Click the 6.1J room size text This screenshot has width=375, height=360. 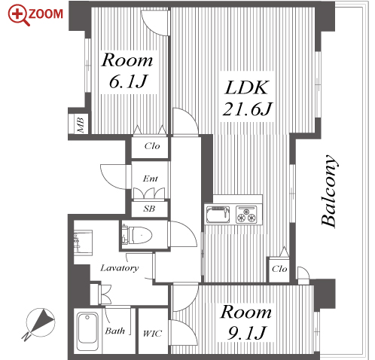128,81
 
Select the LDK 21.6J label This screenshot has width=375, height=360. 247,98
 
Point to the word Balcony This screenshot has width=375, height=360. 329,191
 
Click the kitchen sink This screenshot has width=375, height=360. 218,215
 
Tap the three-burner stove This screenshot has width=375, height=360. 246,215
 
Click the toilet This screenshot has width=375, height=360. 137,235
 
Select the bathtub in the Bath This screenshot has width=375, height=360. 87,331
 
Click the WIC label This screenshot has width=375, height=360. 152,334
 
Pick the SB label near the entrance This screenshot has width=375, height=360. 149,209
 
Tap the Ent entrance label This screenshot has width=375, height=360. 151,178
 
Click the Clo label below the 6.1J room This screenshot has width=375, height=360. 152,146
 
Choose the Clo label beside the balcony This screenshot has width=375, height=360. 279,269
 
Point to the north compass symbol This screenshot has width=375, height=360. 40,323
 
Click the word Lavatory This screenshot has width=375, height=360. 120,268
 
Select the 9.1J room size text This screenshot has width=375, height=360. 246,333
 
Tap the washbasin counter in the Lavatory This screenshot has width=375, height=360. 83,243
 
